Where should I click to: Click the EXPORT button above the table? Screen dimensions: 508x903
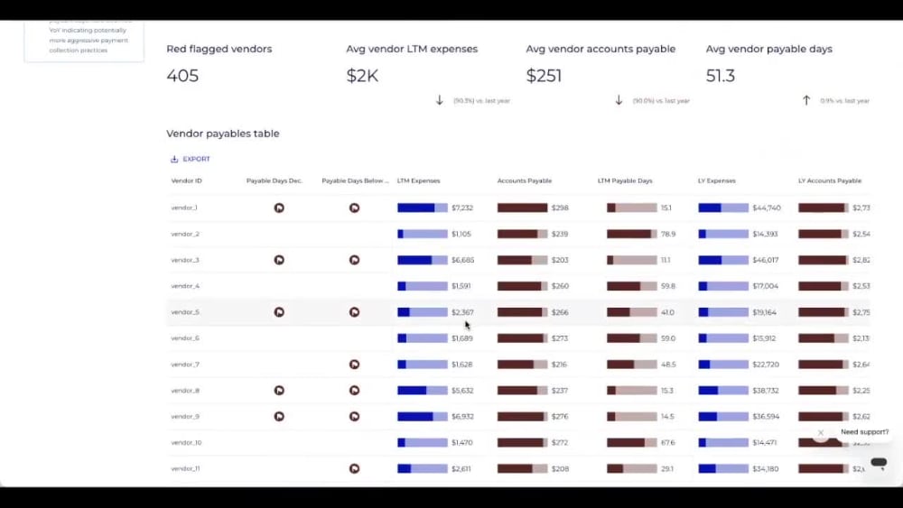191,159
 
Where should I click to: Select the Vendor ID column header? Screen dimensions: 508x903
187,180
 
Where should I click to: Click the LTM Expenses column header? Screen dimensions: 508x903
419,180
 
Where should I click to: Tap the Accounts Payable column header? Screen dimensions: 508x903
525,180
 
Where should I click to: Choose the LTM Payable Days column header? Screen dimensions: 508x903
625,180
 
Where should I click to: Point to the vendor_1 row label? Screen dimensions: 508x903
184,208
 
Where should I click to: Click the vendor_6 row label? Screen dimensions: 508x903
185,338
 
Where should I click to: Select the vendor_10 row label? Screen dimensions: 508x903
186,443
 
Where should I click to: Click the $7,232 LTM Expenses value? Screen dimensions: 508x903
462,208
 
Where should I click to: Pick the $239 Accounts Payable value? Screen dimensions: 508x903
560,234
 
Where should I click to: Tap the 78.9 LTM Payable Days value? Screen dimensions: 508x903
667,234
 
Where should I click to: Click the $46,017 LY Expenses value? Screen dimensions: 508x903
766,260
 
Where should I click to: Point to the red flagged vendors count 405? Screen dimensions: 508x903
182,76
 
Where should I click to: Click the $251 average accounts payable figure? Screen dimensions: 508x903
545,76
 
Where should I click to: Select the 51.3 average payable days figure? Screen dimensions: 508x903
721,76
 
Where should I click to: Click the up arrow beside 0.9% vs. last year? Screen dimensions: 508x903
806,100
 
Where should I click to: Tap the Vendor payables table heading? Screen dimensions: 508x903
223,134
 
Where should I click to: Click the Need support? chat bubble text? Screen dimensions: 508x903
864,432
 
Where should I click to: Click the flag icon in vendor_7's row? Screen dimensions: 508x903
354,365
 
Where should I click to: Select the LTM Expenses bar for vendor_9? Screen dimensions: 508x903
422,417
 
